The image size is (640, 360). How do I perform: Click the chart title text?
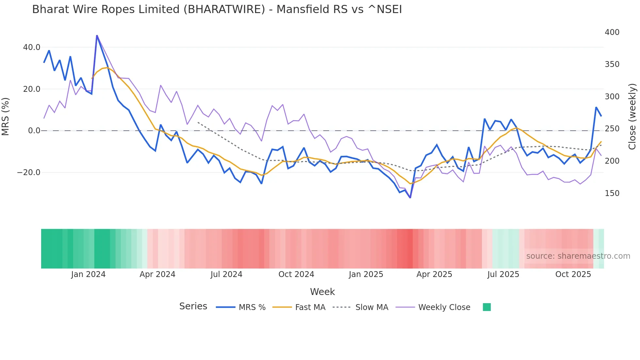click(217, 9)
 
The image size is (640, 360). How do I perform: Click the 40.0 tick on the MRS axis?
click(32, 47)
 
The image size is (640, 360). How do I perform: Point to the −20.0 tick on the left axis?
click(29, 172)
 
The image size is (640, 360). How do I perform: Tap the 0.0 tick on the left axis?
click(34, 131)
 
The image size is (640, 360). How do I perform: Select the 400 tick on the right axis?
click(612, 32)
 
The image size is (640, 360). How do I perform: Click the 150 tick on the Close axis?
click(612, 193)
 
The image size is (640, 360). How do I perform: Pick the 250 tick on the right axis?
click(612, 129)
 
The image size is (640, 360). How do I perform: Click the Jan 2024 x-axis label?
click(88, 274)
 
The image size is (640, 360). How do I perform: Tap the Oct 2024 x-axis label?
click(296, 274)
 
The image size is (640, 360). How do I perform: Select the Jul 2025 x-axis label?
click(503, 274)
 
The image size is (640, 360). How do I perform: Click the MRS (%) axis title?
click(6, 116)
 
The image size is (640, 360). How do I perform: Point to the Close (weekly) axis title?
click(632, 116)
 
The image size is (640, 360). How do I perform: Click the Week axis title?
click(322, 292)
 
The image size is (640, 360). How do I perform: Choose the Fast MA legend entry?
click(310, 307)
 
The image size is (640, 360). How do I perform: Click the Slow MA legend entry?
click(372, 307)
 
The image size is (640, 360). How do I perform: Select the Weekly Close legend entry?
click(444, 307)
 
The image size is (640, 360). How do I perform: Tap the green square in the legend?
click(487, 307)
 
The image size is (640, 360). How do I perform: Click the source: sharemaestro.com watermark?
click(578, 256)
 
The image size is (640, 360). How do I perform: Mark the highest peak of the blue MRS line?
click(97, 36)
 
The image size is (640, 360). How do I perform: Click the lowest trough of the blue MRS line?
click(410, 197)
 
